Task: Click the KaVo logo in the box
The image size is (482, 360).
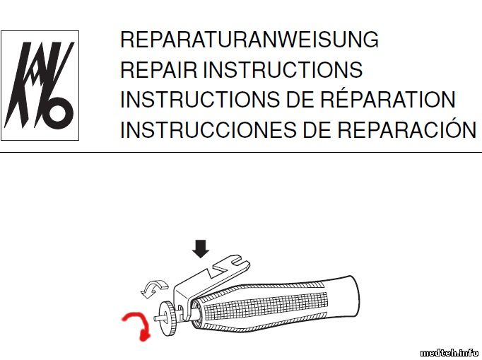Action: click(x=40, y=86)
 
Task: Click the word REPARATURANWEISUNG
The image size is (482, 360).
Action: click(x=249, y=40)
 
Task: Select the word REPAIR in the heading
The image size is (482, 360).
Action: click(x=158, y=69)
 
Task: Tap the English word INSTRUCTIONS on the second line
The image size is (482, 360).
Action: click(x=283, y=69)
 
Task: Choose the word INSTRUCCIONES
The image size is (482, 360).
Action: click(x=208, y=130)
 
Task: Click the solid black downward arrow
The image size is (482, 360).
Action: click(x=201, y=249)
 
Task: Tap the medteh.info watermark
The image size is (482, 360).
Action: click(x=449, y=353)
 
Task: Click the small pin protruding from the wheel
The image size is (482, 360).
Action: click(x=158, y=318)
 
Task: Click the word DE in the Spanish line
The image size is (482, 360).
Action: click(x=317, y=130)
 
